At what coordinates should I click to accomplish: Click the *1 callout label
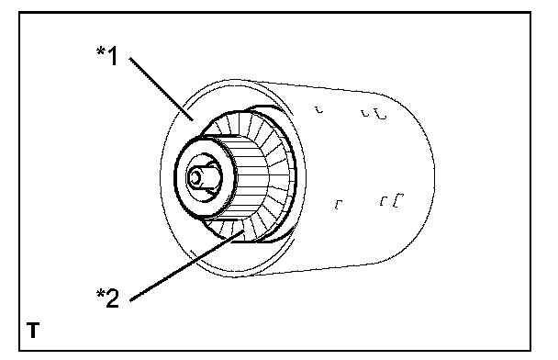(107, 55)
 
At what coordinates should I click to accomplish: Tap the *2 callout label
(107, 298)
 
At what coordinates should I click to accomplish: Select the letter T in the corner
(33, 330)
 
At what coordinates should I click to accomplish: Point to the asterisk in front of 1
(101, 51)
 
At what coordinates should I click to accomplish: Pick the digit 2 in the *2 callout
(113, 298)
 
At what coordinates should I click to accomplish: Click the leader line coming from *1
(162, 89)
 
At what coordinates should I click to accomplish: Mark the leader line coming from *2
(187, 265)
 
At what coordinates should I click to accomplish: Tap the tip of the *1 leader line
(194, 120)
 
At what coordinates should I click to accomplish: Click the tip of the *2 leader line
(244, 231)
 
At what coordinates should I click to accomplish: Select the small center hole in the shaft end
(195, 176)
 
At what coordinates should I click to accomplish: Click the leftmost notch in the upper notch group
(319, 109)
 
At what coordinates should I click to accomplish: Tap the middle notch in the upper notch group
(365, 113)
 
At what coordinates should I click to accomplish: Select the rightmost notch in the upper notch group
(382, 115)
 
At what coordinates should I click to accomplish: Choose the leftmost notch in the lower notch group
(339, 205)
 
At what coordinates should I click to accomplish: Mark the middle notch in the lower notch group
(384, 200)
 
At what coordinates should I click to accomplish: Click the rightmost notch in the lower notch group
(398, 200)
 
